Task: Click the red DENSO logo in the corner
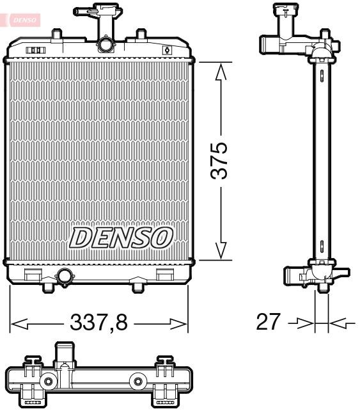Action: [21, 19]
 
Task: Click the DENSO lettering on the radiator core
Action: [121, 238]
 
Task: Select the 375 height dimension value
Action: [220, 162]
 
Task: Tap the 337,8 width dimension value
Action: [99, 323]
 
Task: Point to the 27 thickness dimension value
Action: [268, 322]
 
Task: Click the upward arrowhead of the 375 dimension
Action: [221, 71]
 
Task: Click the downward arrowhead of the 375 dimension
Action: [221, 252]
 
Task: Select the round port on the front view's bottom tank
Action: [65, 277]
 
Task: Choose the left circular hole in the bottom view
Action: [48, 383]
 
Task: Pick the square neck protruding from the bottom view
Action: [64, 353]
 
